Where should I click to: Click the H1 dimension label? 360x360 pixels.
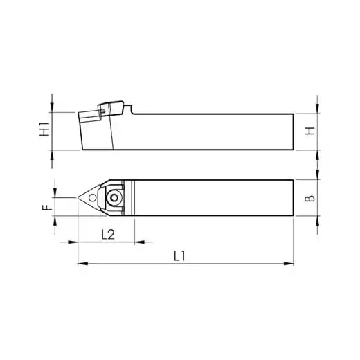pos(45,129)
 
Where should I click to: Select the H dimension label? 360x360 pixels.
pos(309,131)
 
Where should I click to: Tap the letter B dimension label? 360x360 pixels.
pos(309,198)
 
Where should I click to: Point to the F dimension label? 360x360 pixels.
pos(47,207)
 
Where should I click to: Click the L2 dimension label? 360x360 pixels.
pos(108,235)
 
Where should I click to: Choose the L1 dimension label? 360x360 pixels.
pos(179,256)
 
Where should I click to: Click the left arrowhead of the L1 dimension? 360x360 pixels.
pos(83,264)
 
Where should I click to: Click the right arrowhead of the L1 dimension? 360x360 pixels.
pos(289,264)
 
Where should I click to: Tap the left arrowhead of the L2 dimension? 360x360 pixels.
pos(73,242)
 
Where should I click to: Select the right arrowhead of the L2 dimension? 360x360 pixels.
pos(139,242)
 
